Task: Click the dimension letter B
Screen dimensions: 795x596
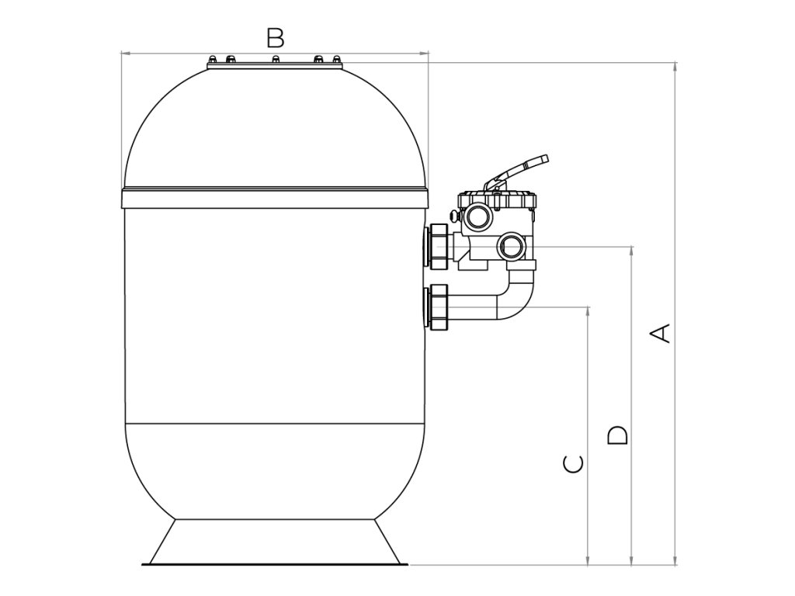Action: tap(275, 36)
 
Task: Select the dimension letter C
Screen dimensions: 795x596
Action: tap(573, 463)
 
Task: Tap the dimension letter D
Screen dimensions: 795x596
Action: tap(617, 435)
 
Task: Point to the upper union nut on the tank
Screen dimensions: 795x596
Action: tap(436, 246)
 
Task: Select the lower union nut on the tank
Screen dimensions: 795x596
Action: tap(436, 307)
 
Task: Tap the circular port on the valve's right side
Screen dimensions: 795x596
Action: tap(512, 247)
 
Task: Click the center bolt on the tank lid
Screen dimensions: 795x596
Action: tap(275, 60)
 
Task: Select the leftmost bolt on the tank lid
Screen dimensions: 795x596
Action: tap(212, 60)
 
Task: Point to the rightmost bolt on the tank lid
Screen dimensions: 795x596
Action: tap(337, 60)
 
